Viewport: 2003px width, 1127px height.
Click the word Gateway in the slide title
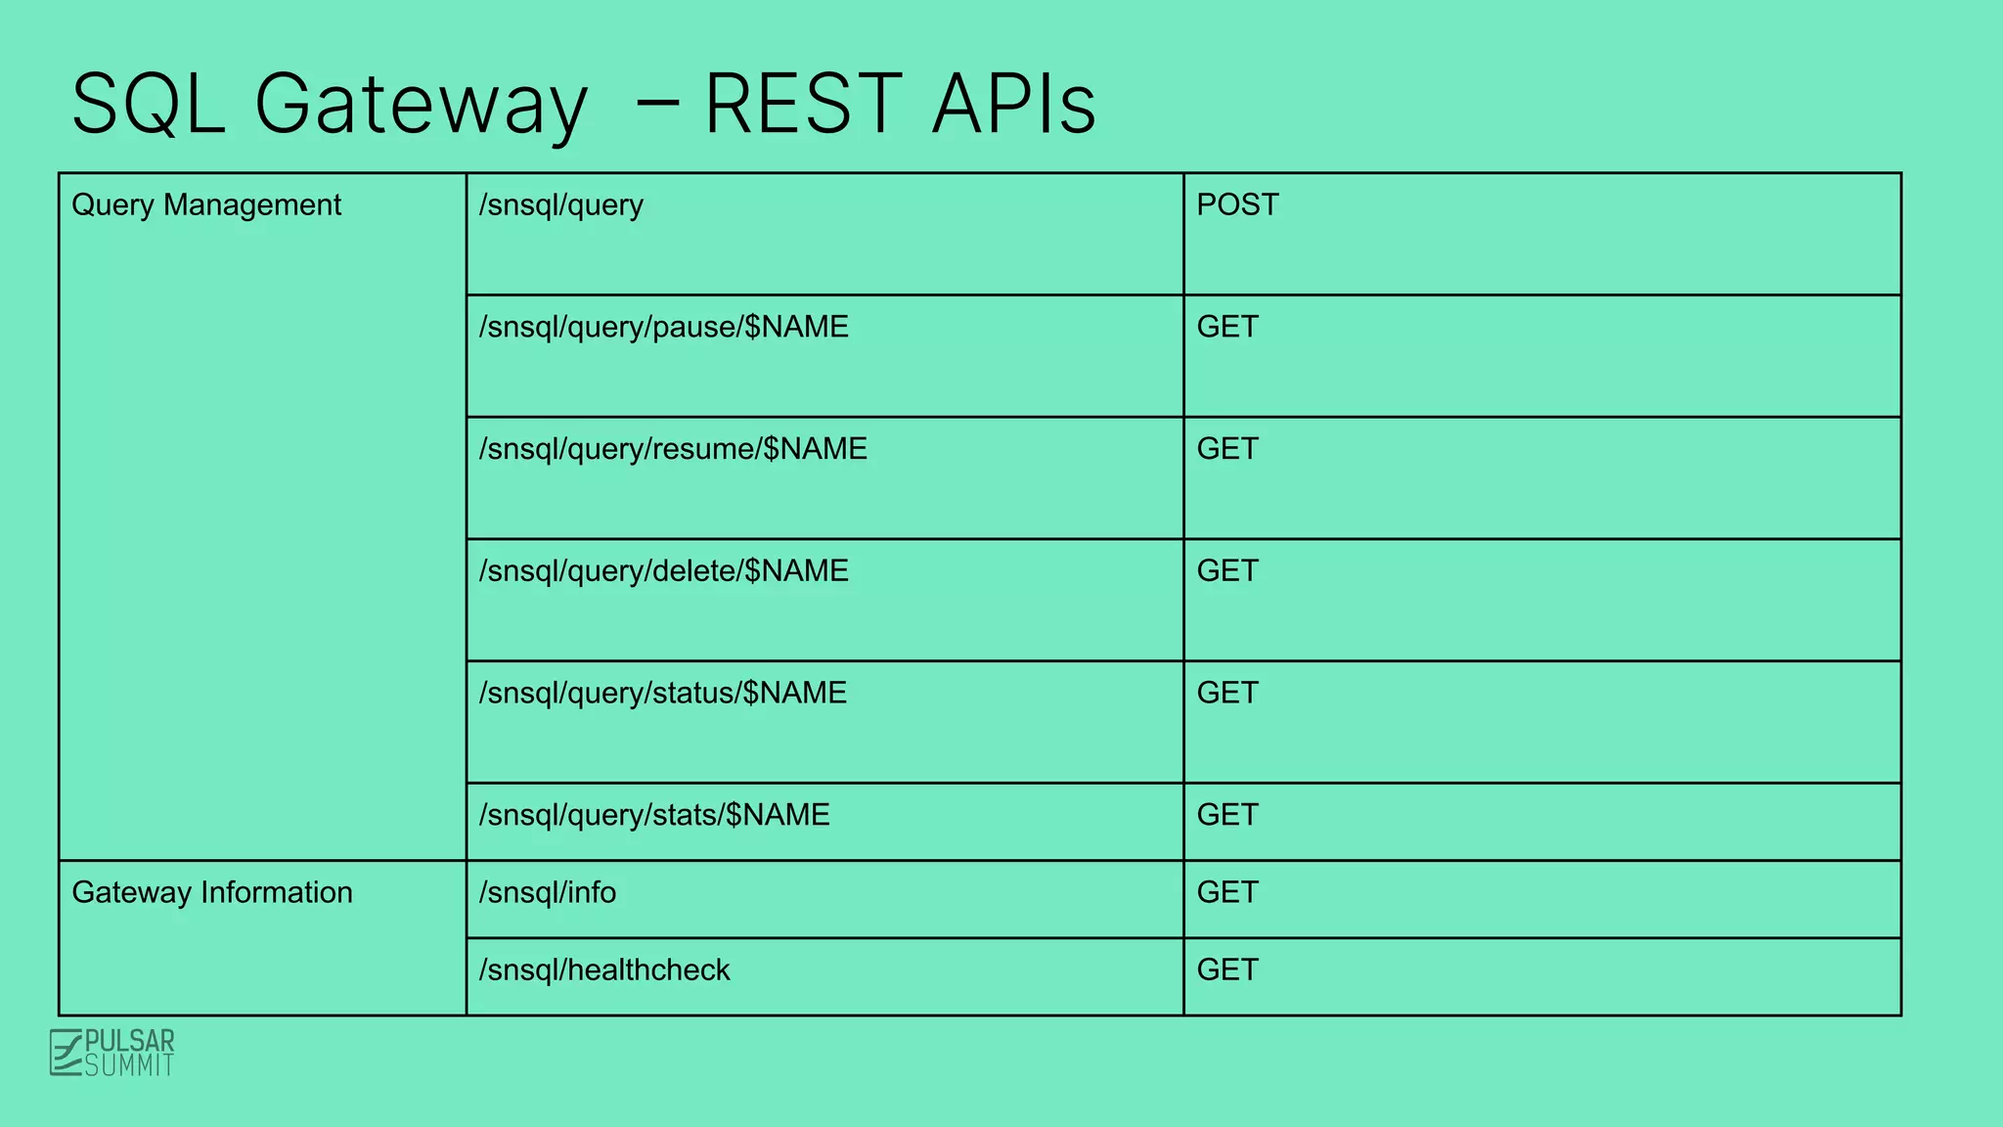click(x=421, y=106)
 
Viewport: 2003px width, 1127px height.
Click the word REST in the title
click(x=802, y=104)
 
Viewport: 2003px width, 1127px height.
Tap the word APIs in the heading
click(x=1013, y=104)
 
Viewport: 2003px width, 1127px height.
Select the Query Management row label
click(x=206, y=205)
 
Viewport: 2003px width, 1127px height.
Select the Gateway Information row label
click(x=212, y=893)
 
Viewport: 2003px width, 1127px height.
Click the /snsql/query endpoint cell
click(x=561, y=205)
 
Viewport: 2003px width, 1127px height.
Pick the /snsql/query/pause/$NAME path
click(x=663, y=328)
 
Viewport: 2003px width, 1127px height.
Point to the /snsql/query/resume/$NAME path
click(x=673, y=449)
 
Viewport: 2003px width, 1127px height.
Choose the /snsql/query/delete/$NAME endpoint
click(x=663, y=571)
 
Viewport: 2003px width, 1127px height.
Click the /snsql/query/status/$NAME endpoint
click(x=662, y=694)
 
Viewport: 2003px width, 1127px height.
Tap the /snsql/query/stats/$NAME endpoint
click(x=653, y=815)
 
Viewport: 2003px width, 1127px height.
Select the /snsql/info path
click(x=548, y=893)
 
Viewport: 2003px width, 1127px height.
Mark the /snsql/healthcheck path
click(x=604, y=970)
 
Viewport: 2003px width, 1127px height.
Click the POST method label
click(x=1237, y=205)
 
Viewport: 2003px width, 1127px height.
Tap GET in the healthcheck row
click(x=1227, y=970)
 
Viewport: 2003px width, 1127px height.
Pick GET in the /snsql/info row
click(x=1227, y=893)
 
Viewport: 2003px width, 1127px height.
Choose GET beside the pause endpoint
click(x=1227, y=328)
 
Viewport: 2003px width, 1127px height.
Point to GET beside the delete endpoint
click(x=1227, y=571)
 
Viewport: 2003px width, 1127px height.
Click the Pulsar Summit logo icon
click(x=66, y=1053)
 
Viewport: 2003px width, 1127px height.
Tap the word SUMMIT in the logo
click(x=129, y=1065)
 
